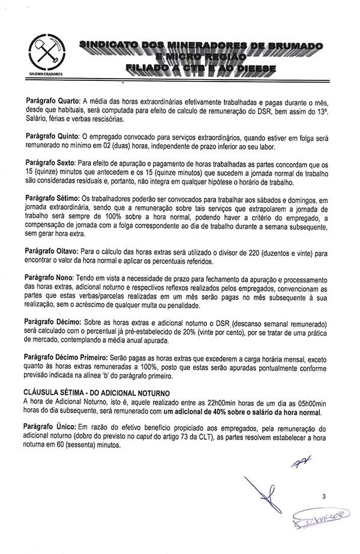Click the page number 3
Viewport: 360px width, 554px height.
(323, 496)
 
